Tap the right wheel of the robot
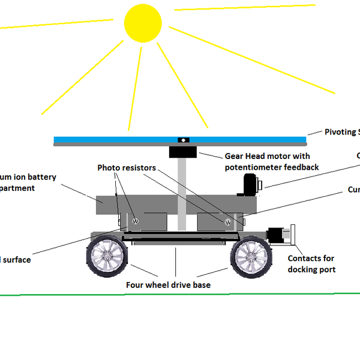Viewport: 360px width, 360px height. (x=251, y=256)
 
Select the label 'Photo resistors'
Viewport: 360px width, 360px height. (x=127, y=168)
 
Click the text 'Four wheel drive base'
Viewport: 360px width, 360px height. (x=168, y=285)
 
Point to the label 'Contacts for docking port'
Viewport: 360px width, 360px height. (x=311, y=264)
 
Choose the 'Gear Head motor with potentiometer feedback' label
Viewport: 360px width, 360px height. (x=271, y=161)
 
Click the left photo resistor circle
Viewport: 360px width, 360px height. (x=135, y=221)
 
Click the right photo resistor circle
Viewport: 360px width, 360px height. (x=227, y=223)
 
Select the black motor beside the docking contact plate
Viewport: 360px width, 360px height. (x=277, y=235)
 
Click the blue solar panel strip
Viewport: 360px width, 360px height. (x=120, y=140)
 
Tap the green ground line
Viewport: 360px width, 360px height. (x=180, y=295)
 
